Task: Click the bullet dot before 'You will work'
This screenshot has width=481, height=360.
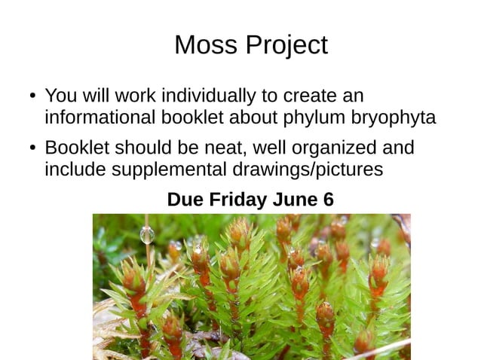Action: tap(33, 97)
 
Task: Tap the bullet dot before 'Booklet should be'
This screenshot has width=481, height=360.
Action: tap(33, 148)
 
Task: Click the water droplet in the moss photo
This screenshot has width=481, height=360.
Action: tap(147, 236)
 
